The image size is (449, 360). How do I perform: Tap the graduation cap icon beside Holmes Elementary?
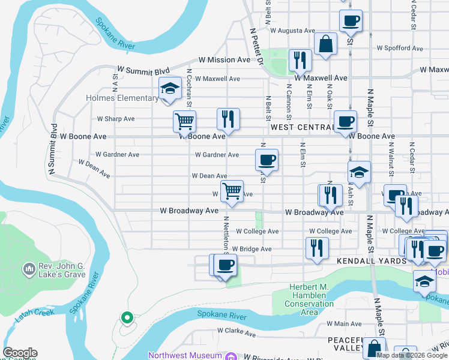coord(170,89)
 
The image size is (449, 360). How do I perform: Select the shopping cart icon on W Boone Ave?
coord(184,121)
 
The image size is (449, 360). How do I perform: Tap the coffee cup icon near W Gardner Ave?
coord(267,160)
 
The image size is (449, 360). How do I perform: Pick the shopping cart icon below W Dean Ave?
coord(232,191)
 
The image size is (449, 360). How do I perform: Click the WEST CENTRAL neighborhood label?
coord(301,127)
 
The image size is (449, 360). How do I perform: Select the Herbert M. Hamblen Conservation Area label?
coord(310,296)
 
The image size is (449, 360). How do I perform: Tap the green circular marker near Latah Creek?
coord(126,317)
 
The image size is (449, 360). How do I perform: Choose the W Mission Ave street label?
coord(224,60)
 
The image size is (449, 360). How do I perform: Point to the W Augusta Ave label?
coord(292,30)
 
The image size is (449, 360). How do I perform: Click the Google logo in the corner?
coord(20,353)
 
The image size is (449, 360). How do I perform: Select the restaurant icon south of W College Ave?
coord(316,248)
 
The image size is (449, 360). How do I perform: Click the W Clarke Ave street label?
coord(237,330)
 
